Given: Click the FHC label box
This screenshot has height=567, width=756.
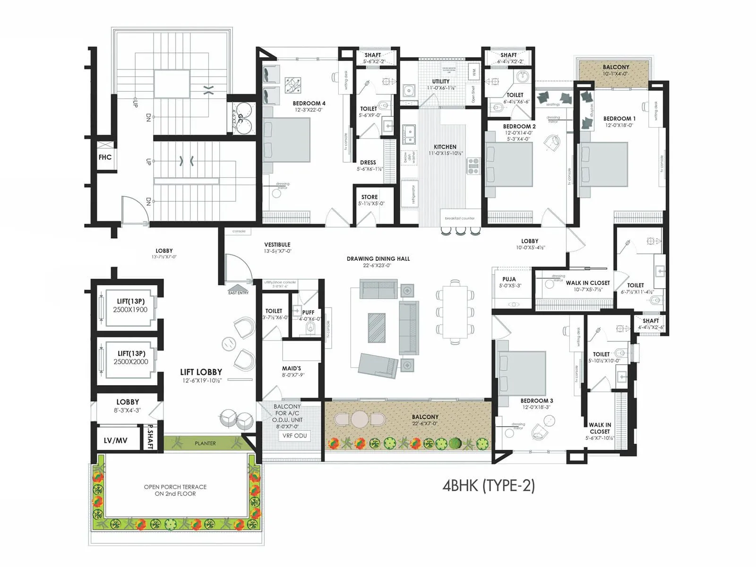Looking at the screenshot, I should [105, 157].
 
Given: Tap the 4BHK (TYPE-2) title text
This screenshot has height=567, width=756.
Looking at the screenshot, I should [489, 486].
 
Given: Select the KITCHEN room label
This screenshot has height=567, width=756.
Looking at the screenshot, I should [445, 147].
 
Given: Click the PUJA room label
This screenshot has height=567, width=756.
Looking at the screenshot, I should [509, 279].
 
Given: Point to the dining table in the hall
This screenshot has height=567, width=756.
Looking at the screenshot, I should [455, 312].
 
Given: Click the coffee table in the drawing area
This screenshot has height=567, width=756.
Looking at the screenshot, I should [377, 327].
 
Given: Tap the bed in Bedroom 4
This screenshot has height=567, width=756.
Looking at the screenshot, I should [286, 140].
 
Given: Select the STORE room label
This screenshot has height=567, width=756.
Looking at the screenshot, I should [369, 197].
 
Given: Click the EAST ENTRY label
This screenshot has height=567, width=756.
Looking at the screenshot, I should [238, 293].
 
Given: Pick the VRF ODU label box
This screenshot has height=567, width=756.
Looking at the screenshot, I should [294, 436].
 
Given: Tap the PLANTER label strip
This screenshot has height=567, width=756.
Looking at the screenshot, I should [205, 443].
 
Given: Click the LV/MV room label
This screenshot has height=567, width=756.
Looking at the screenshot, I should [116, 440].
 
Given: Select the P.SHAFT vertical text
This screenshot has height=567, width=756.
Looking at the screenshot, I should [149, 437].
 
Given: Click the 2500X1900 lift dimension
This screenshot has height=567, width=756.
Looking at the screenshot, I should [130, 310].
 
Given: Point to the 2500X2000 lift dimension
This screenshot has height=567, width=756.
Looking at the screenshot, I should [131, 362].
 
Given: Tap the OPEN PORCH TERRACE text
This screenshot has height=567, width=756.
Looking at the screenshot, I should [175, 487].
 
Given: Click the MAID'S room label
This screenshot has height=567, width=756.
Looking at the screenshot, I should [292, 369].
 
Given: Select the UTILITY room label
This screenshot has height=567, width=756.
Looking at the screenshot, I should [441, 81].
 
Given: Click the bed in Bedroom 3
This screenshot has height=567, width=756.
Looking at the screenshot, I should [522, 373].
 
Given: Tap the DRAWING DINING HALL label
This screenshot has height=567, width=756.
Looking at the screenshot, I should [378, 259].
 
